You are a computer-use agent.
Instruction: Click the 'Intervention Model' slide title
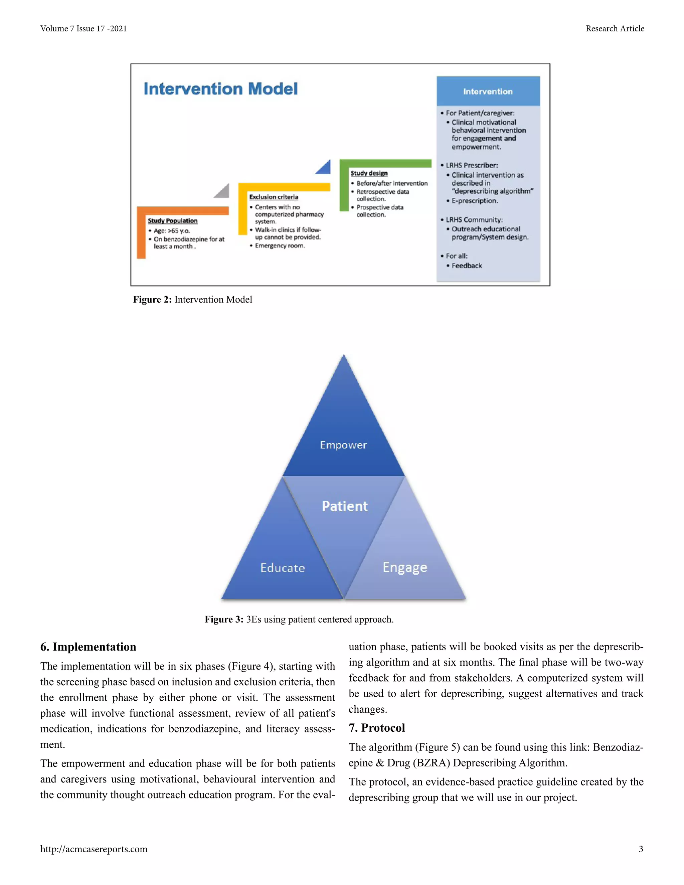pyautogui.click(x=220, y=89)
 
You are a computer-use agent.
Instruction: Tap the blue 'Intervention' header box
pyautogui.click(x=488, y=91)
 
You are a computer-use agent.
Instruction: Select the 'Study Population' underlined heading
pyautogui.click(x=173, y=220)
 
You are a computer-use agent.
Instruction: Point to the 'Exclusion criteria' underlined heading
pyautogui.click(x=274, y=197)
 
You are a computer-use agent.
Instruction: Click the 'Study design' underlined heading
pyautogui.click(x=369, y=173)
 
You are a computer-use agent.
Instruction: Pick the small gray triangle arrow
pyautogui.click(x=222, y=191)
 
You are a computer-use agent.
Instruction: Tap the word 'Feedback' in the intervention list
pyautogui.click(x=467, y=266)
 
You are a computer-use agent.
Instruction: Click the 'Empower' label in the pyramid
pyautogui.click(x=343, y=445)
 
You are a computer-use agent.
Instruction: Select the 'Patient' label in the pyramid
pyautogui.click(x=345, y=506)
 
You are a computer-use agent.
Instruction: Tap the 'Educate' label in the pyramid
pyautogui.click(x=283, y=568)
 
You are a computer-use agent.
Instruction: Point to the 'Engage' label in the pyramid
pyautogui.click(x=405, y=567)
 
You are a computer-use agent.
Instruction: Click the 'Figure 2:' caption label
pyautogui.click(x=152, y=300)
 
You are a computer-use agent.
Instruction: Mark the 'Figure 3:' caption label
pyautogui.click(x=224, y=619)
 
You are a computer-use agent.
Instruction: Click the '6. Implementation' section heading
pyautogui.click(x=88, y=647)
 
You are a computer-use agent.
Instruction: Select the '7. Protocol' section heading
pyautogui.click(x=377, y=728)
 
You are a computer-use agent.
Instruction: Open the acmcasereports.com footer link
pyautogui.click(x=94, y=849)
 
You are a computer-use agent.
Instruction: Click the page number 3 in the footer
pyautogui.click(x=641, y=849)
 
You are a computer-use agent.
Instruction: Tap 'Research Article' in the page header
pyautogui.click(x=615, y=29)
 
